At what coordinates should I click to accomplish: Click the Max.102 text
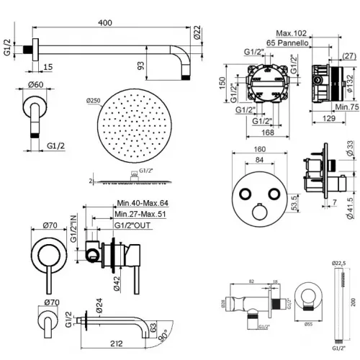point(292,32)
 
